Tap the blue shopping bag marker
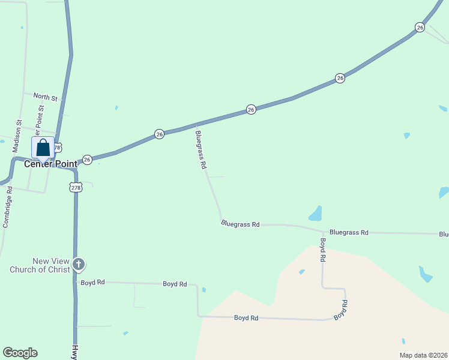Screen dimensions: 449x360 pos(43,148)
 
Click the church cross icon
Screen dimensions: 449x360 pos(78,264)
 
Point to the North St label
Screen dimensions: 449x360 pos(45,97)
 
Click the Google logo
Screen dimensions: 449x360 pos(20,353)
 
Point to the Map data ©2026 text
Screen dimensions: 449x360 pos(423,355)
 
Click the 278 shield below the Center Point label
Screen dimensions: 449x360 pos(76,187)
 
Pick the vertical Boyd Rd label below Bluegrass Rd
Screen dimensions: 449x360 pos(323,250)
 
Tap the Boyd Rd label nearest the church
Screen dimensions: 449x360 pos(92,282)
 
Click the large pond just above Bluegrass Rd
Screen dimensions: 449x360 pos(315,213)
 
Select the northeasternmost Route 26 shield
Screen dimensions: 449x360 pos(420,28)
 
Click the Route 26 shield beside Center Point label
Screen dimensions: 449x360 pos(87,160)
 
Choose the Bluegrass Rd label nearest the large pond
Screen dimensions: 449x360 pos(348,232)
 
